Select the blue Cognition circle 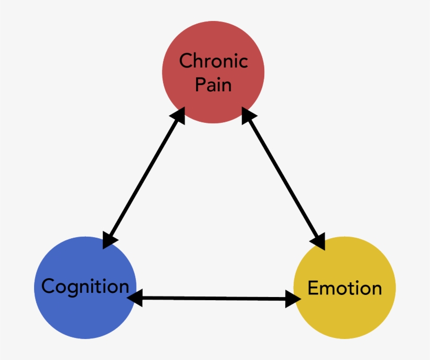[x=85, y=315]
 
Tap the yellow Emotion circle [x=345, y=315]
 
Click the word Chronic [x=213, y=61]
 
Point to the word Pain [x=213, y=84]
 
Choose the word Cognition [x=85, y=287]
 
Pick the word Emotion [x=345, y=288]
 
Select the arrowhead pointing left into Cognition [x=135, y=298]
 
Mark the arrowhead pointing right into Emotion [x=293, y=299]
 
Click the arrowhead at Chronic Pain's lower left [x=179, y=115]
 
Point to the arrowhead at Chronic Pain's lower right [x=249, y=115]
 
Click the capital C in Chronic [x=186, y=61]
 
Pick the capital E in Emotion [x=313, y=288]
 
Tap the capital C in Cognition [x=48, y=287]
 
